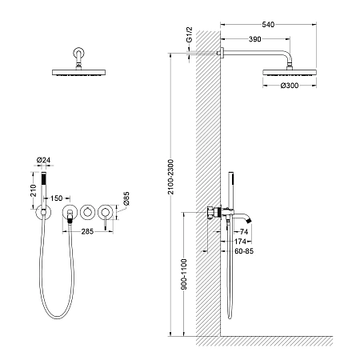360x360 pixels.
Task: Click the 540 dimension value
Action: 268,25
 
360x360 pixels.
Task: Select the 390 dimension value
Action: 254,39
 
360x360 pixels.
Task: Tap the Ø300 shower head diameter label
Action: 290,86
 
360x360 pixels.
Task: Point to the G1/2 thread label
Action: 189,34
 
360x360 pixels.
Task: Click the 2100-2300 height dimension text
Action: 171,177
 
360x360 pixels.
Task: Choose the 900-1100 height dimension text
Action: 184,274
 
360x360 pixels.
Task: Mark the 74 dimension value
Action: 244,232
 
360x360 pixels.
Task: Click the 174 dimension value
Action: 240,242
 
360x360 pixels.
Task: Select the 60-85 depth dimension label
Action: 244,251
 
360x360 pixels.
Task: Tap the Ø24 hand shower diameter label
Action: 43,160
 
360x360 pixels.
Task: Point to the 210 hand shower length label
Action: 34,190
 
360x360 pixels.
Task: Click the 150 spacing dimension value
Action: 56,198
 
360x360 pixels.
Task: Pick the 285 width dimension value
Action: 87,231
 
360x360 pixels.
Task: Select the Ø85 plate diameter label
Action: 126,198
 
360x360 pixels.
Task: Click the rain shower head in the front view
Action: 78,73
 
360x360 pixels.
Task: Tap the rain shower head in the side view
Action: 290,73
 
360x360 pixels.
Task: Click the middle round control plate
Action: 88,212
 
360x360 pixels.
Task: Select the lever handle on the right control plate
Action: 106,222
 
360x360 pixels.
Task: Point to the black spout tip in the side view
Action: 249,220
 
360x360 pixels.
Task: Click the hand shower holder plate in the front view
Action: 43,212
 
